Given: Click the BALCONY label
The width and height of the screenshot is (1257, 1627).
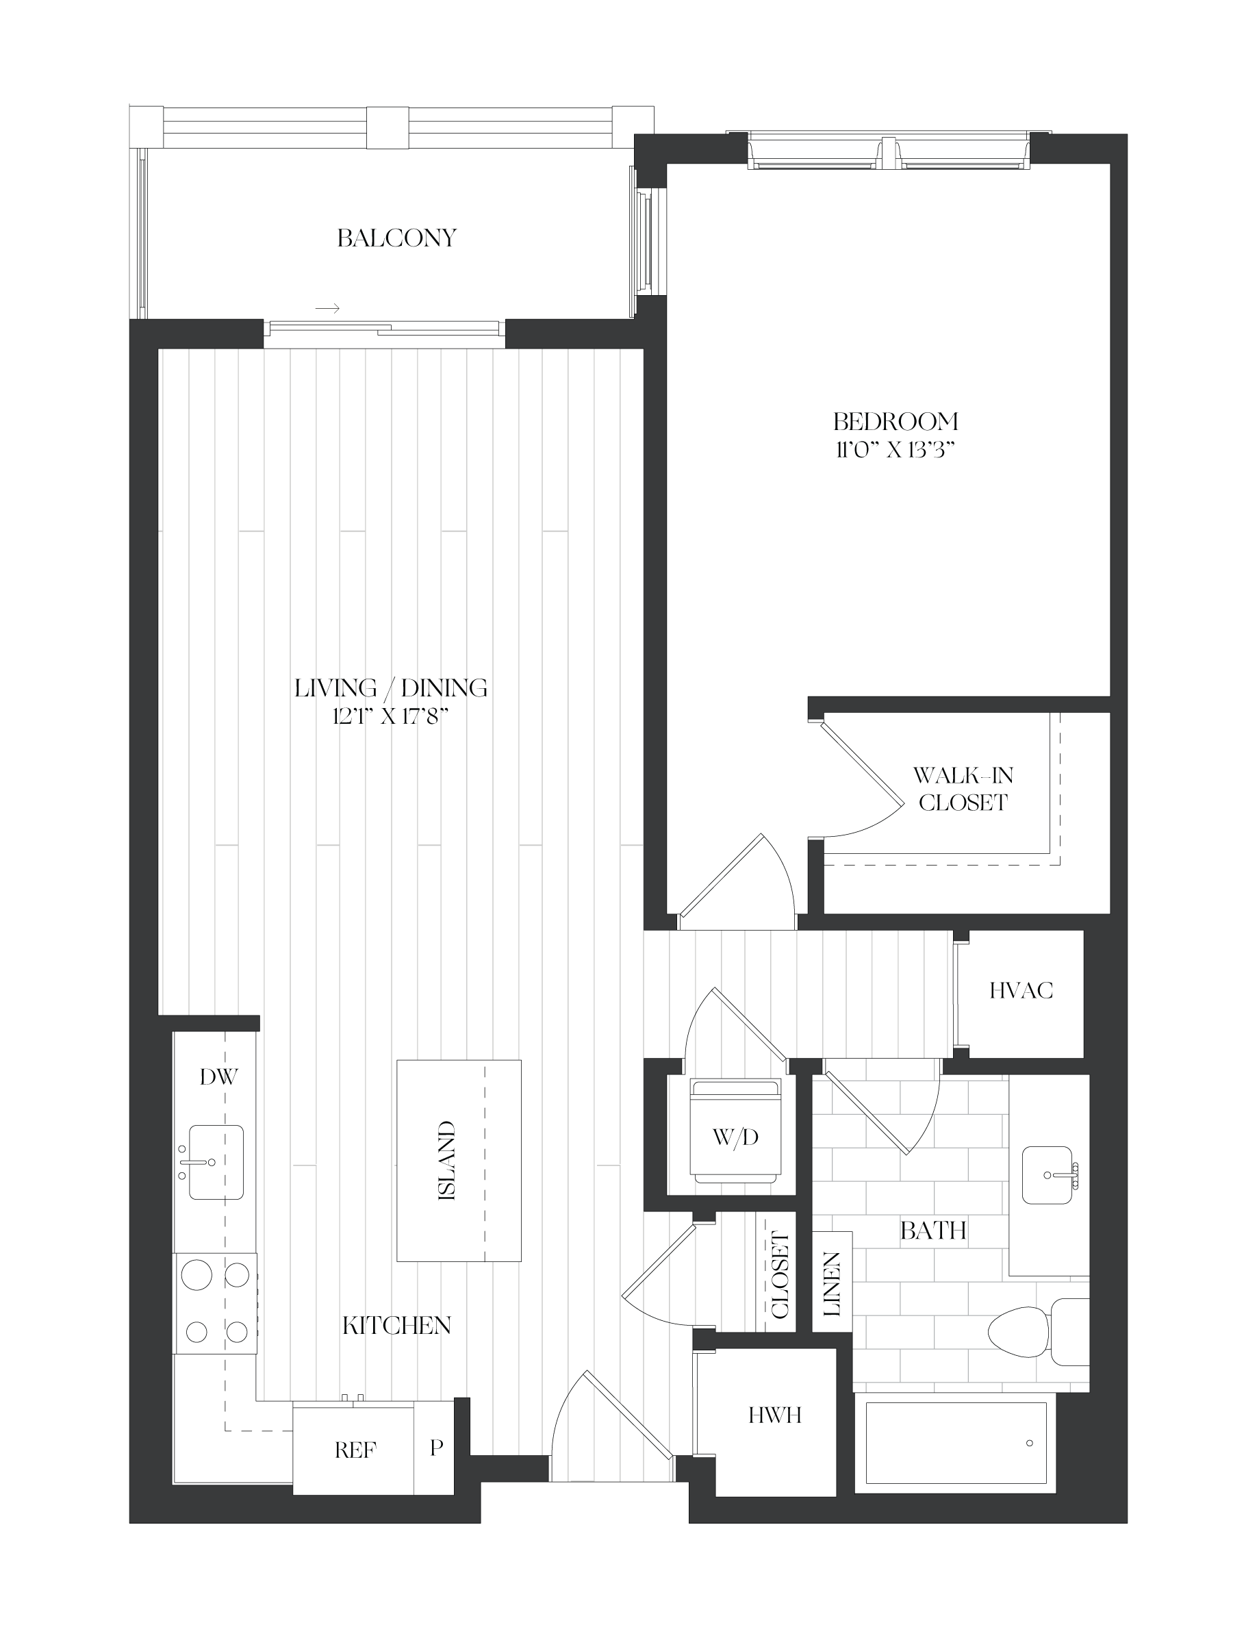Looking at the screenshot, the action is [x=396, y=238].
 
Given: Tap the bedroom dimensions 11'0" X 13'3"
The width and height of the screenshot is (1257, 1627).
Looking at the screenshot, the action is [x=895, y=450].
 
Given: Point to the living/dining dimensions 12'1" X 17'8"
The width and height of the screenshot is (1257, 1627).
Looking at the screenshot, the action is [x=390, y=717].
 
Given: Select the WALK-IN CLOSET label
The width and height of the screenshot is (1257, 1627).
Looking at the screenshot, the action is [x=963, y=789].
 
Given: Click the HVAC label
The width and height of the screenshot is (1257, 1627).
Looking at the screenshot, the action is [x=1021, y=990].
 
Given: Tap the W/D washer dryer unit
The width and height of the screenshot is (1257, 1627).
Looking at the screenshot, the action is [x=736, y=1130].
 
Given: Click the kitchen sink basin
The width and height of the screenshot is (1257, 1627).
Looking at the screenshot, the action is [x=216, y=1162].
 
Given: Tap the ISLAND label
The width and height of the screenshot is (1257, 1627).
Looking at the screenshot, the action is [x=447, y=1161].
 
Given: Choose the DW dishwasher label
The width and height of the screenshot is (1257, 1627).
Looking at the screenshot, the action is [x=219, y=1076].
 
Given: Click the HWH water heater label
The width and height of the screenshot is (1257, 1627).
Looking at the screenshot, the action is [x=774, y=1415].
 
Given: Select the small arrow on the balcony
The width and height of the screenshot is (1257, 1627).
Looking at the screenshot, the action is [x=328, y=307].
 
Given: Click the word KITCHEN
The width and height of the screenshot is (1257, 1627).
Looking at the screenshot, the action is [x=396, y=1325].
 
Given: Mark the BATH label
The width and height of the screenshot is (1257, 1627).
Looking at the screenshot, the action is [x=933, y=1231].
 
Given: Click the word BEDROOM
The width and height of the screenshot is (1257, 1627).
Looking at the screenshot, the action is [x=895, y=422].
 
